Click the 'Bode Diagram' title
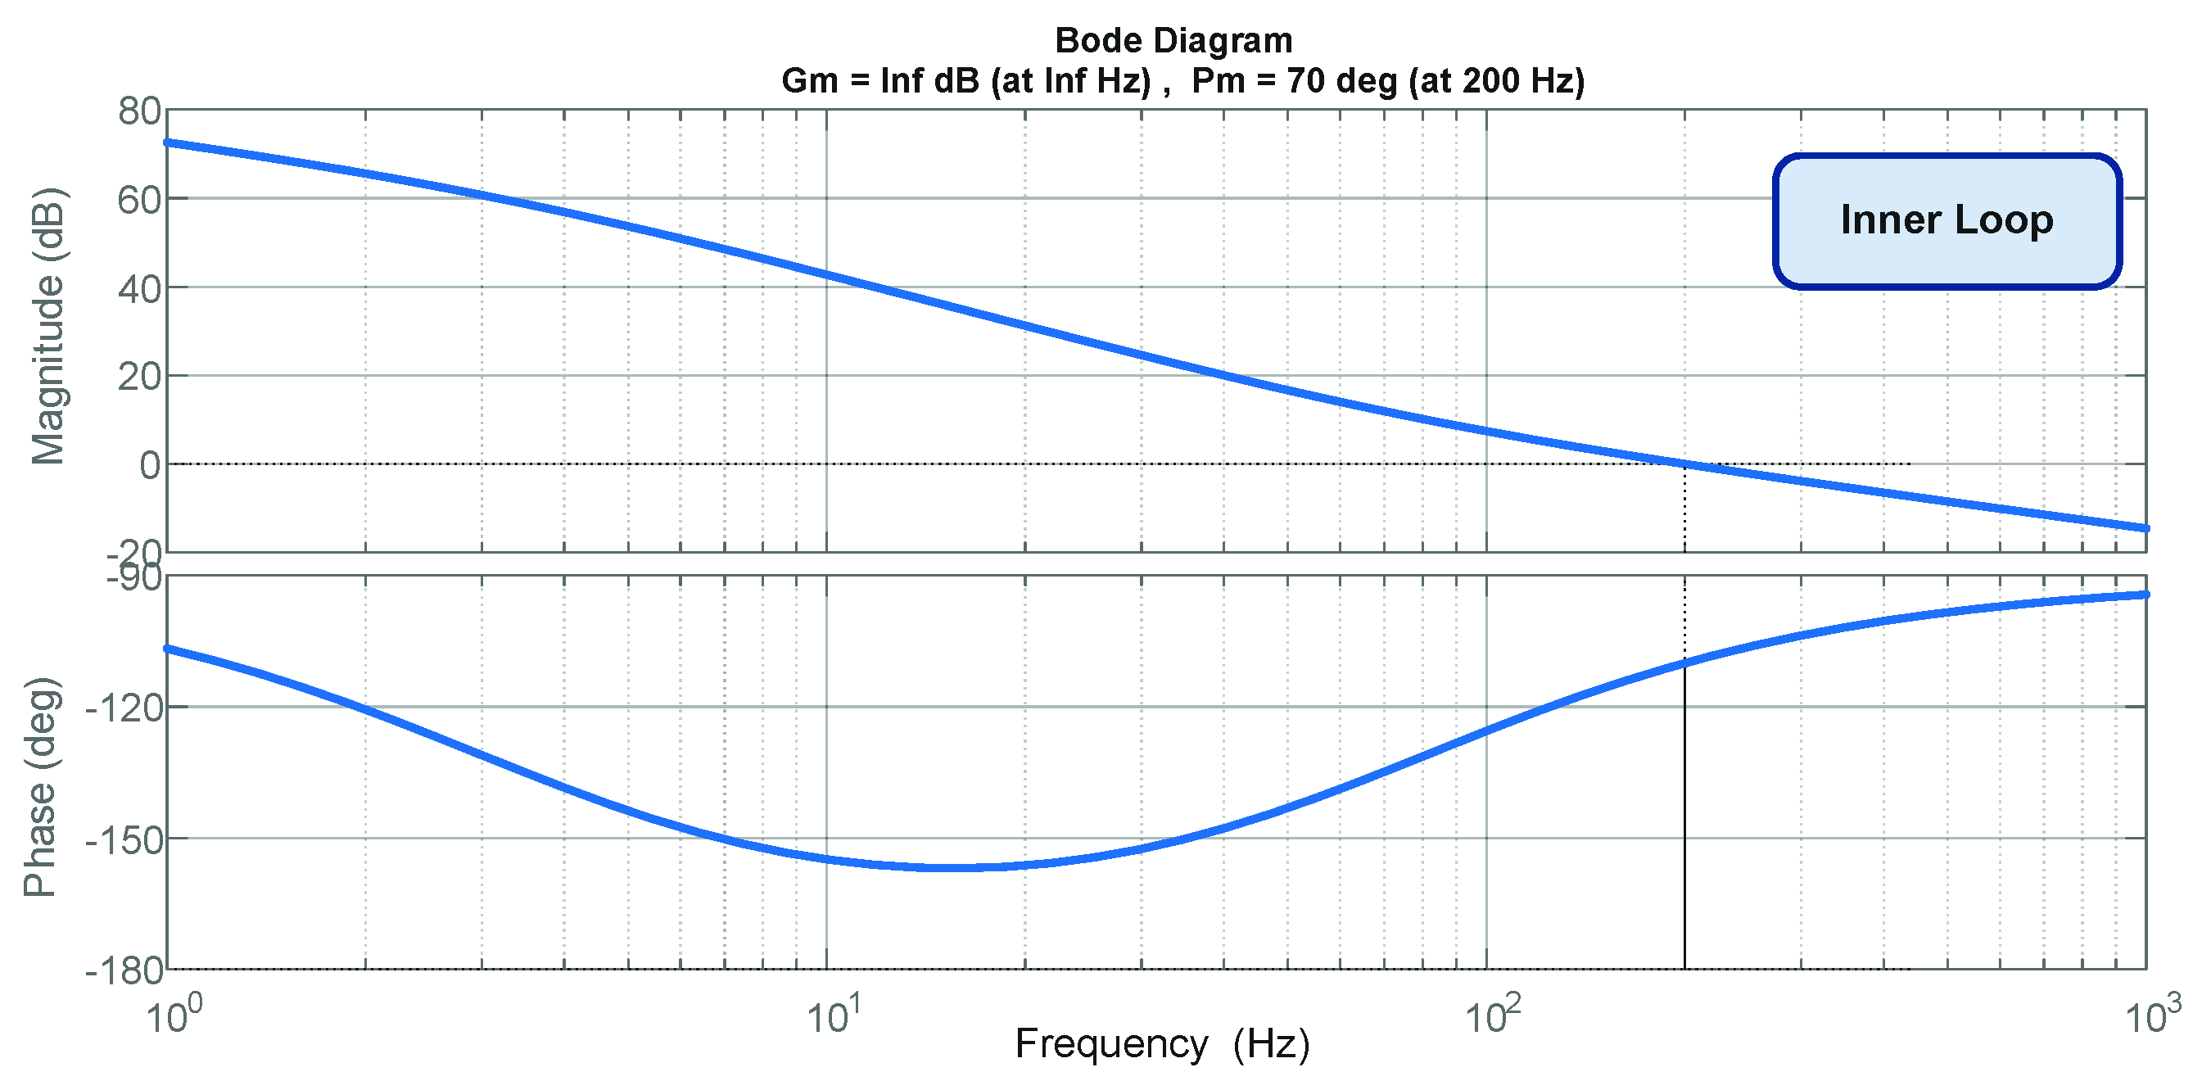click(x=1173, y=40)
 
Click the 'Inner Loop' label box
click(x=1946, y=220)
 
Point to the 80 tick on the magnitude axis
click(x=139, y=111)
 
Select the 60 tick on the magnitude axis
click(x=139, y=200)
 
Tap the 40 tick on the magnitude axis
click(x=139, y=289)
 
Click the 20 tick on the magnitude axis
click(x=139, y=377)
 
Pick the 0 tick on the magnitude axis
click(x=149, y=465)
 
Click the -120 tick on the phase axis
click(x=124, y=708)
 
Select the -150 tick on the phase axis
click(x=124, y=839)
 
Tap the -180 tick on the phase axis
click(x=124, y=970)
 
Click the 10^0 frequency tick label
click(x=174, y=1017)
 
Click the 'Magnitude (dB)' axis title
click(x=48, y=326)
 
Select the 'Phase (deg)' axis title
click(x=40, y=787)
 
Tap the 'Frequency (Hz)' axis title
click(x=1162, y=1044)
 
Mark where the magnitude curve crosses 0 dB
click(x=1684, y=464)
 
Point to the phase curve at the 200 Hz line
click(x=1684, y=663)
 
